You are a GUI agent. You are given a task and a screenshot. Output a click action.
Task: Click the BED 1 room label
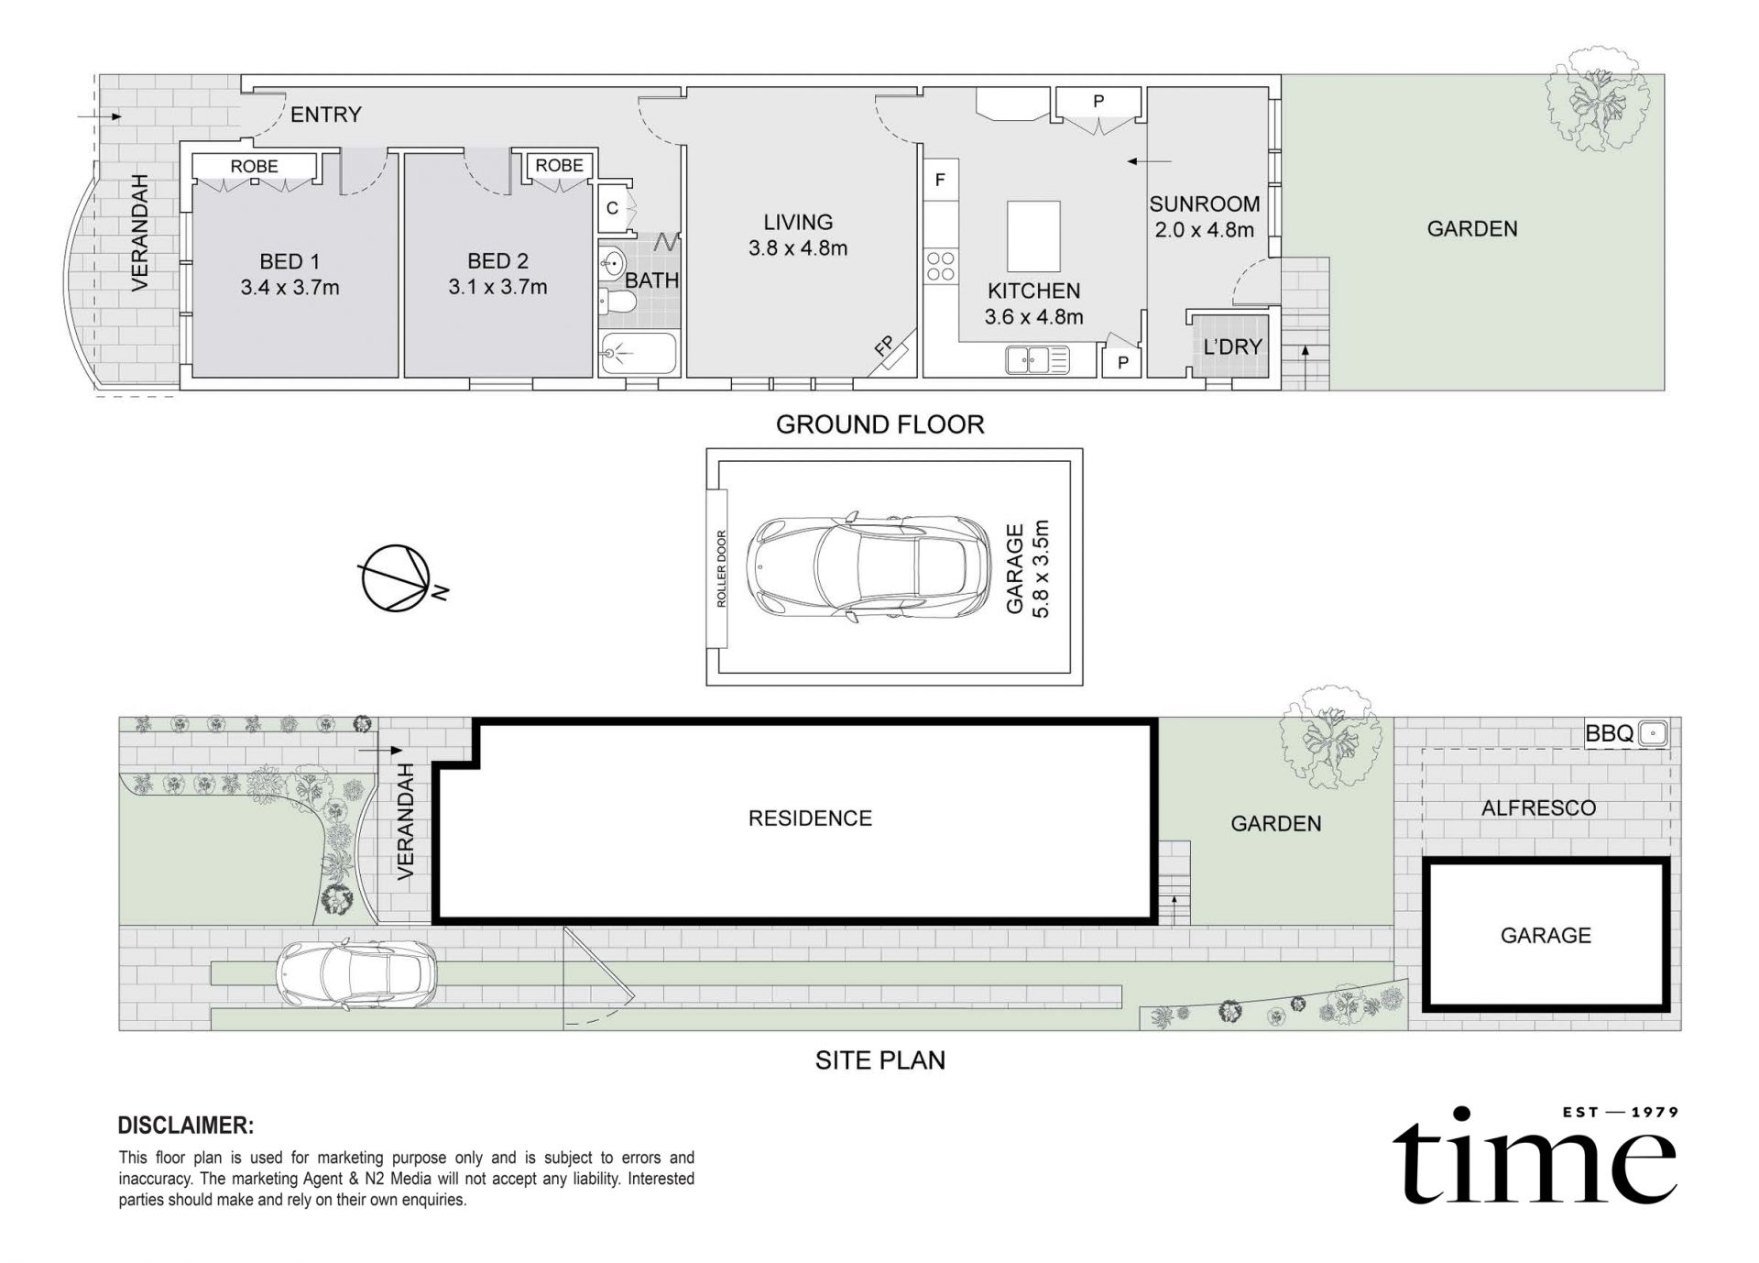[x=290, y=261]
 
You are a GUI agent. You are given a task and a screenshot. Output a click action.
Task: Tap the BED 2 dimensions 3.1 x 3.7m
[x=497, y=287]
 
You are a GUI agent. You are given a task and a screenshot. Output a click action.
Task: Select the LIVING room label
[x=798, y=222]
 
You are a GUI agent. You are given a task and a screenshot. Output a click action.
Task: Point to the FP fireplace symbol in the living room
[x=891, y=351]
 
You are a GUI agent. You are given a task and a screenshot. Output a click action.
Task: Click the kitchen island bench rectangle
[x=1033, y=236]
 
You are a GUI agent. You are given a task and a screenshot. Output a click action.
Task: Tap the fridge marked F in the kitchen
[x=940, y=181]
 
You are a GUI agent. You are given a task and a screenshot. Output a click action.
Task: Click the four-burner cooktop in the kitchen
[x=940, y=266]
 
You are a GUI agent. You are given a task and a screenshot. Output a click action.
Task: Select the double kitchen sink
[x=1038, y=359]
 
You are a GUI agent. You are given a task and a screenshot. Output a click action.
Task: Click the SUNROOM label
[x=1205, y=203]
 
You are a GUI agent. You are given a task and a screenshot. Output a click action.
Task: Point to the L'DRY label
[x=1232, y=346]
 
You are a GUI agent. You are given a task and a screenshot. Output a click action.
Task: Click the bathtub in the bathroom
[x=639, y=353]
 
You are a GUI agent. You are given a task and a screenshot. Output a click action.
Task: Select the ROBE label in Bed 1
[x=254, y=166]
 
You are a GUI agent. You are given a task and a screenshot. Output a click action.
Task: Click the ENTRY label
[x=325, y=115]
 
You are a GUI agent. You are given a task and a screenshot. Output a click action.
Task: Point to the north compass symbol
[x=399, y=578]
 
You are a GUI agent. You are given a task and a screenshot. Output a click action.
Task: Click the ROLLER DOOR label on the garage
[x=721, y=568]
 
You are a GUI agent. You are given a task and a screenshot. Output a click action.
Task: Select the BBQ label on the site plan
[x=1610, y=733]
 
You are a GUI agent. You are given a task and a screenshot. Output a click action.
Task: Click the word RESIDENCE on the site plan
[x=810, y=818]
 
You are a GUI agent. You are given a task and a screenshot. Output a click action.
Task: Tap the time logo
[x=1535, y=1155]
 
